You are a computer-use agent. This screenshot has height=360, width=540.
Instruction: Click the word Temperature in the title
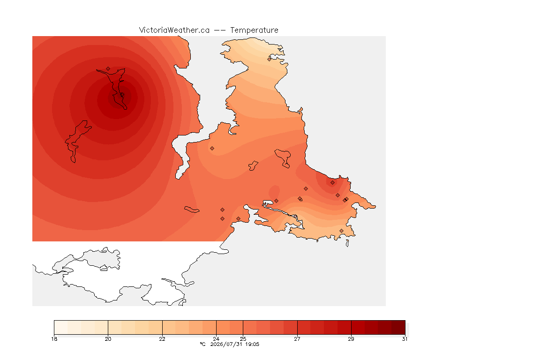pos(254,30)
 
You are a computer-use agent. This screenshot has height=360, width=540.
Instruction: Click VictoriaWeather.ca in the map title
pos(174,30)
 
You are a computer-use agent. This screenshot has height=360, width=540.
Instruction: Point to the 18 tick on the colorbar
pos(54,339)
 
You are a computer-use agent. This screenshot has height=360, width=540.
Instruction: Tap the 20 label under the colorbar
pos(108,339)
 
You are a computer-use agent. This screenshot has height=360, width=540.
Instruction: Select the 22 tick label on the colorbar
pos(162,339)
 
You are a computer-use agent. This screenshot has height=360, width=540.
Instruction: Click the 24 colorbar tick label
pos(216,339)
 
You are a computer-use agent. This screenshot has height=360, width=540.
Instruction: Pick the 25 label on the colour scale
pos(243,339)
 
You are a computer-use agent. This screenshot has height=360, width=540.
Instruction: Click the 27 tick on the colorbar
pos(297,339)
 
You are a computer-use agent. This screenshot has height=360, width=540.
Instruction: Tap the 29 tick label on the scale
pos(351,339)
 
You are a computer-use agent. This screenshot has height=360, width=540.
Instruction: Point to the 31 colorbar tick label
pos(405,339)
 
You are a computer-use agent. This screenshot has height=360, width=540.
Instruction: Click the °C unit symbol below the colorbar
pos(202,344)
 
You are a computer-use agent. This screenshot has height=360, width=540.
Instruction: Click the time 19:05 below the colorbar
pos(252,344)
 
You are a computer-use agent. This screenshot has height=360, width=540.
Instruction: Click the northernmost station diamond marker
pos(270,59)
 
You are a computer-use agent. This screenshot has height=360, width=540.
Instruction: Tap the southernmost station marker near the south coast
pos(341,231)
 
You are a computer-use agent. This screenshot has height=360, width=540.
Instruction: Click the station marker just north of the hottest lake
pos(108,69)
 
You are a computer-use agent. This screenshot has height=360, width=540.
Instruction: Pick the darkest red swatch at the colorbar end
pos(398,327)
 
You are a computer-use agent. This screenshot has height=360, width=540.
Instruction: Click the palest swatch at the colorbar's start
pos(61,327)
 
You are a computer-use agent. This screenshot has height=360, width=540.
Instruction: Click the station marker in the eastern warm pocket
pos(332,183)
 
